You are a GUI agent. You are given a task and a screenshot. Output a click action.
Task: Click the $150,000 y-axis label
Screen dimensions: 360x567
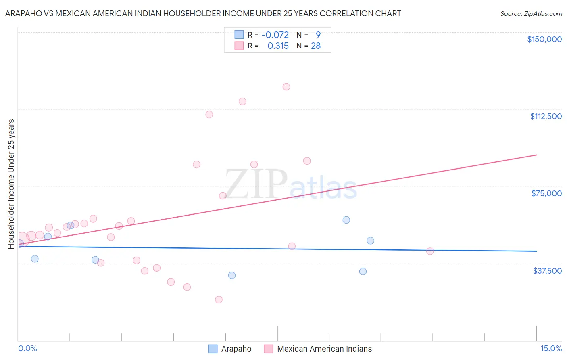point(544,39)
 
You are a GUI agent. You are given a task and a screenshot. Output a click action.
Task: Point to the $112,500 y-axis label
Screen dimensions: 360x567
point(546,116)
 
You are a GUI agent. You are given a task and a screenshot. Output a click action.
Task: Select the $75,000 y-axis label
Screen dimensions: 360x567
point(546,193)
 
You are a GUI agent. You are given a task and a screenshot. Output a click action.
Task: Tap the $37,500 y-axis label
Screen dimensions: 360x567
point(547,271)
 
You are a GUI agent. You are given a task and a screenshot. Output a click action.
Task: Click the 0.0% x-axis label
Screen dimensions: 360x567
point(27,349)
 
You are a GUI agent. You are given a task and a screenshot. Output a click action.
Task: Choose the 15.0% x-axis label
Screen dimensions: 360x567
point(551,349)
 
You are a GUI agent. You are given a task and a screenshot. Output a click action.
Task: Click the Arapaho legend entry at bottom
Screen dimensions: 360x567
point(230,349)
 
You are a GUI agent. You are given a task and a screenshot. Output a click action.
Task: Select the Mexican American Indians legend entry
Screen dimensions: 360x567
point(318,349)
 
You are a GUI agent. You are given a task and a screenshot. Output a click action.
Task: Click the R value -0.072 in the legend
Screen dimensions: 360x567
point(275,35)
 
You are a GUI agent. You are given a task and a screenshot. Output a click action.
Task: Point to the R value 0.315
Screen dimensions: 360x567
point(278,46)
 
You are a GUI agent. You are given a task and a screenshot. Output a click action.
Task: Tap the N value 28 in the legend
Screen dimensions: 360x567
point(316,46)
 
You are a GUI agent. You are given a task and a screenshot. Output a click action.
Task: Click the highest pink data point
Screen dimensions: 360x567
point(286,87)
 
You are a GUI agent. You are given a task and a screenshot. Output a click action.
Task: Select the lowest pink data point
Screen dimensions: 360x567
point(219,299)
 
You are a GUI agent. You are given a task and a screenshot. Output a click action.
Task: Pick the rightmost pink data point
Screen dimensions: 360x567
point(430,251)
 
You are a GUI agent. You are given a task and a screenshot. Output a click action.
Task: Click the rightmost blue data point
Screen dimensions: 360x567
point(370,241)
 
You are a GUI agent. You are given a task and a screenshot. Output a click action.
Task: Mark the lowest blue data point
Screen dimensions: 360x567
point(232,276)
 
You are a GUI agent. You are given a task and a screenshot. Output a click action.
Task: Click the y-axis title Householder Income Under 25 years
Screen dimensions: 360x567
point(11,184)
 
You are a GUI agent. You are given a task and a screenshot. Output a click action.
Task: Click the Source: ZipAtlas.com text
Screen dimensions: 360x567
point(531,14)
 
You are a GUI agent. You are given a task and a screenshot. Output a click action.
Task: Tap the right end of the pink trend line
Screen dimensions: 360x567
point(536,155)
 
